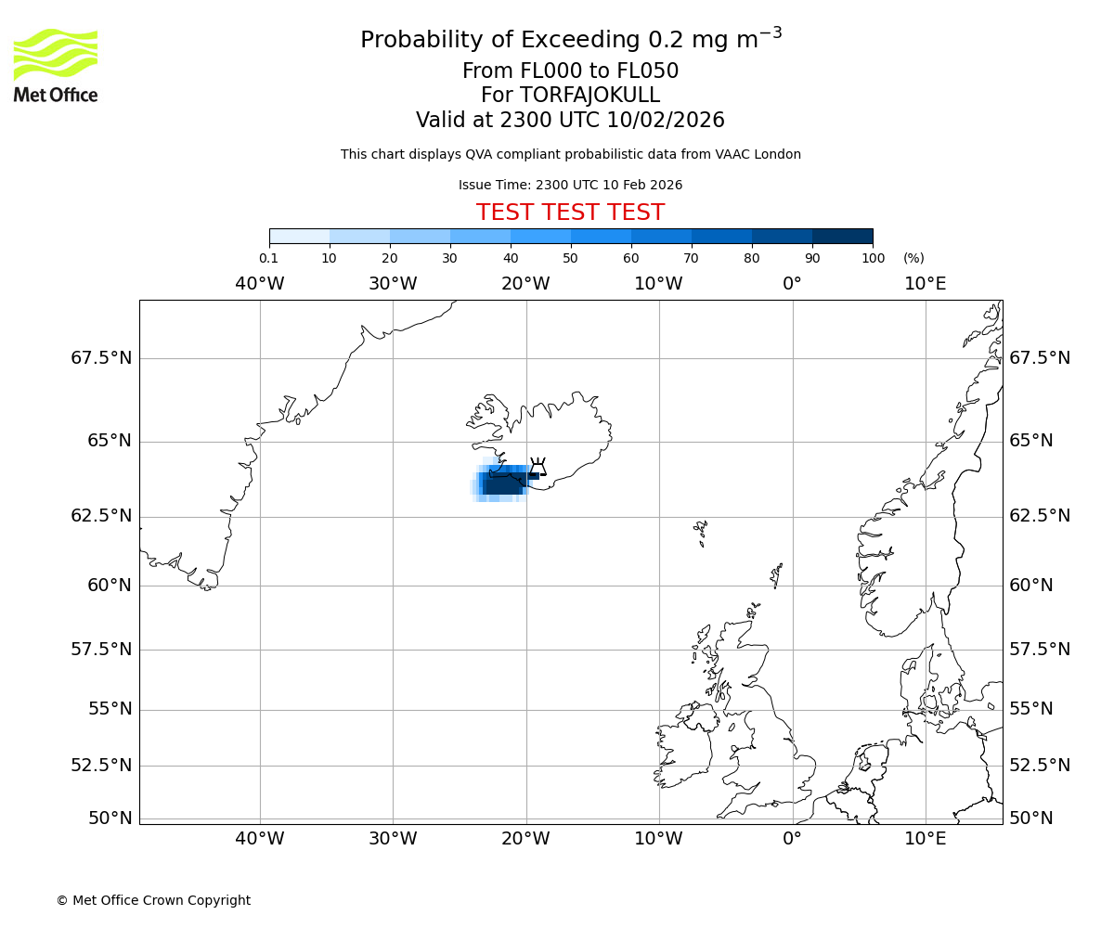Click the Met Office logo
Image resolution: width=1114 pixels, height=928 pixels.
coord(56,65)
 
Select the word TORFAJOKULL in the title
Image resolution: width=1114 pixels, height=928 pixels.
coord(589,96)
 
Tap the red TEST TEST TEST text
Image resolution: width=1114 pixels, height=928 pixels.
coord(570,213)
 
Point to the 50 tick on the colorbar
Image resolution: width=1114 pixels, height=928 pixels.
coord(571,258)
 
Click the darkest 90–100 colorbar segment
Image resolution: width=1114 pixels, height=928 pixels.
coord(842,237)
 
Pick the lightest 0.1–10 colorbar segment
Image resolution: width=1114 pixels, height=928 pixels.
coord(300,237)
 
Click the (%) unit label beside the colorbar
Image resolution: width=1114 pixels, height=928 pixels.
coord(913,258)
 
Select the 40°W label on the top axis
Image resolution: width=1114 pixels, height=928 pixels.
coord(259,283)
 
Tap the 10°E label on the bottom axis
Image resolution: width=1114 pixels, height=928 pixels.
coord(925,839)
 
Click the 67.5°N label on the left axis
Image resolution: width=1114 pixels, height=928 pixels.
coord(101,358)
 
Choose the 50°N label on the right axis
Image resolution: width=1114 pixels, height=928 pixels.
coord(1031,818)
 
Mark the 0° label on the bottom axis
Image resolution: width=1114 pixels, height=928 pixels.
coord(792,839)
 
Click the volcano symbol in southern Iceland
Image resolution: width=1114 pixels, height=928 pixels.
coord(538,467)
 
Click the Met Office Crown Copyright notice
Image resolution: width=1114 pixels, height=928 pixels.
coord(153,900)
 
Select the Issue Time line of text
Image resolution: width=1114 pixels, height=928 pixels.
coord(570,185)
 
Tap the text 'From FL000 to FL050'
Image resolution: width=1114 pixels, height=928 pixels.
coord(570,71)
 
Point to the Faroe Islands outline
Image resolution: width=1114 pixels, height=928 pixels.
coord(701,532)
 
